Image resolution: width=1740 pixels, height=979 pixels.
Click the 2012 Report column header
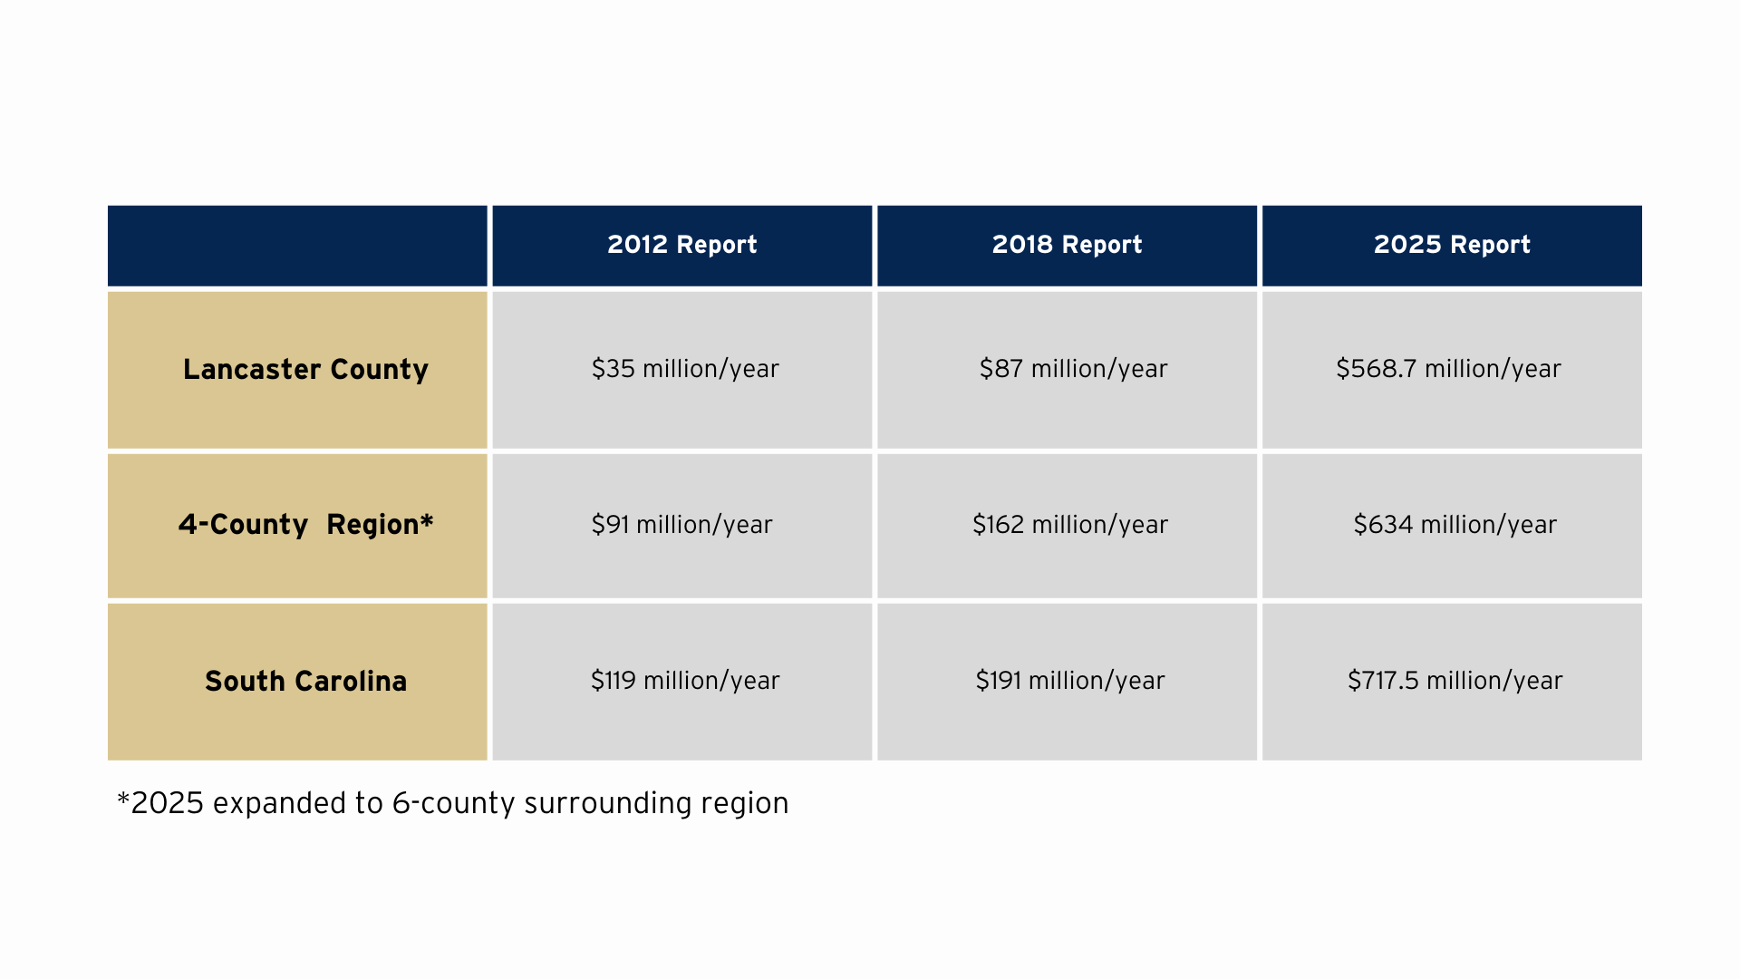click(x=681, y=245)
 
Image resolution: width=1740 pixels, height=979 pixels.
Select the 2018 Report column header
click(x=1067, y=245)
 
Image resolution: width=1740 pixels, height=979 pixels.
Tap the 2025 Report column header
click(x=1452, y=245)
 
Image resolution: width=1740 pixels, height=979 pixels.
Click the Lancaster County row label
click(x=305, y=370)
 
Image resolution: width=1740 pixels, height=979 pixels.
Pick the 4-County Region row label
click(x=305, y=525)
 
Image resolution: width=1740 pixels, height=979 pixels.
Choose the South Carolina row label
click(x=305, y=681)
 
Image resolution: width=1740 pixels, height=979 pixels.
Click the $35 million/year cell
click(x=685, y=369)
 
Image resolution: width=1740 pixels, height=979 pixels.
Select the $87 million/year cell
click(x=1073, y=369)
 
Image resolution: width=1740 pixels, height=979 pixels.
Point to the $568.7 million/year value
click(x=1448, y=369)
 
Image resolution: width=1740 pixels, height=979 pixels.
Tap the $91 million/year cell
click(x=681, y=525)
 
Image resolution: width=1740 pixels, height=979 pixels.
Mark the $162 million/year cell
click(x=1070, y=525)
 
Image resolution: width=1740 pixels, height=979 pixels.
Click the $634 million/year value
click(x=1455, y=525)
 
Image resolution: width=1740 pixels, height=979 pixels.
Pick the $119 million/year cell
click(x=685, y=681)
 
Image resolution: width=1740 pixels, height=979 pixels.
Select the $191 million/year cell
click(x=1070, y=681)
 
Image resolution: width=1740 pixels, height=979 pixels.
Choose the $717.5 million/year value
click(x=1455, y=681)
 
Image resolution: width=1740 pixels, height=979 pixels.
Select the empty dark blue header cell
click(x=297, y=246)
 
